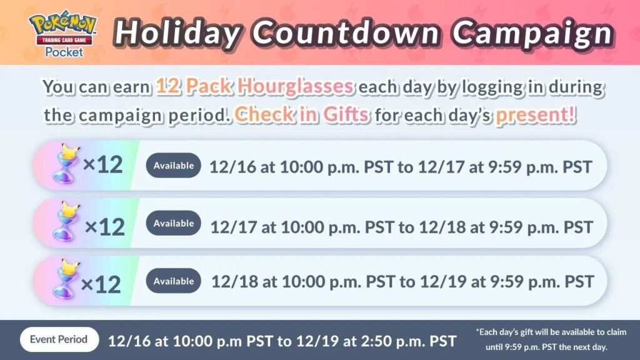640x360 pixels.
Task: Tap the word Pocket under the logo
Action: point(64,52)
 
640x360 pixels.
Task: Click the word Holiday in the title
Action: point(177,33)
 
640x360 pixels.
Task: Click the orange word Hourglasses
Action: point(296,86)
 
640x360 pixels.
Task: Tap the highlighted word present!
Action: point(536,115)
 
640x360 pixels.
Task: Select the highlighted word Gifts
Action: point(346,114)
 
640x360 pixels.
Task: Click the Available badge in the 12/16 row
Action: point(174,165)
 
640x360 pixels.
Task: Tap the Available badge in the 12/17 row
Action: point(174,223)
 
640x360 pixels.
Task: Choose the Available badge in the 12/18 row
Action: point(174,281)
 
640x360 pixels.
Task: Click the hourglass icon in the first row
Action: point(66,164)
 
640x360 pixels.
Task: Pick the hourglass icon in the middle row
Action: point(66,222)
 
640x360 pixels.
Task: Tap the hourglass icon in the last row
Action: point(66,279)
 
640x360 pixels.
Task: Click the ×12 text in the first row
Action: point(103,165)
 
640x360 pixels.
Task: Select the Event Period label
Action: point(59,339)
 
